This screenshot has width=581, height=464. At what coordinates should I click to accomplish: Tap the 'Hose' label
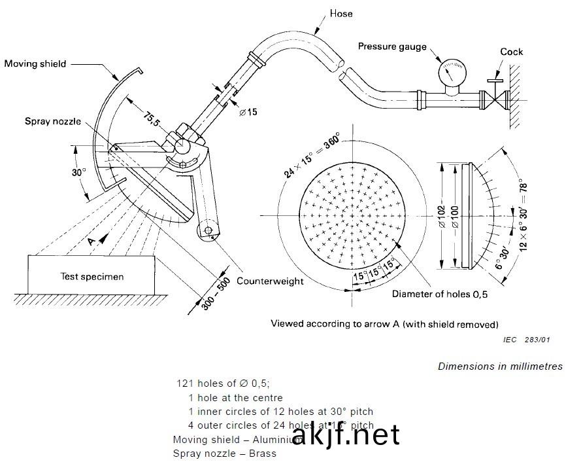tap(341, 12)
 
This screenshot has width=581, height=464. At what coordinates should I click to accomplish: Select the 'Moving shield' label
tap(35, 63)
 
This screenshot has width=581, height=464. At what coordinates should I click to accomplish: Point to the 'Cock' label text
tap(512, 52)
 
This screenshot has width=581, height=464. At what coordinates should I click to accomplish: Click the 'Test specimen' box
tap(91, 276)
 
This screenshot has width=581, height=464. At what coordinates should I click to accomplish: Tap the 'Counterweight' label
tap(270, 281)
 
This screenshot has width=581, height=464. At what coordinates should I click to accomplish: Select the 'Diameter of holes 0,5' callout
tap(440, 294)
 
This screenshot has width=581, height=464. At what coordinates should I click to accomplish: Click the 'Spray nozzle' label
tap(53, 121)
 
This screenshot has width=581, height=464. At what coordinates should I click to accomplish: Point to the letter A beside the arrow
tap(91, 241)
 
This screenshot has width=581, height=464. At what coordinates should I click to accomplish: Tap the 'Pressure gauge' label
tap(392, 46)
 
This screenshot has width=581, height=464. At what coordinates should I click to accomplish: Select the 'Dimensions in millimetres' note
tap(500, 366)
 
